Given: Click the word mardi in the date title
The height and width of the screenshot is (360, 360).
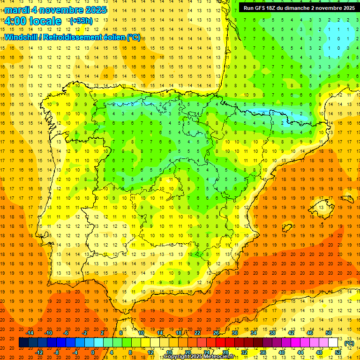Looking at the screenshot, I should click(x=16, y=10).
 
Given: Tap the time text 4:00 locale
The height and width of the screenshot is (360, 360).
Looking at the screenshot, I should click(x=33, y=21).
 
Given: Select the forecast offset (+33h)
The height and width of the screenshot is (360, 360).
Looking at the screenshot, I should click(x=81, y=21).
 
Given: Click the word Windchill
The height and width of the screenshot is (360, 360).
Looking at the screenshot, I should click(x=21, y=37).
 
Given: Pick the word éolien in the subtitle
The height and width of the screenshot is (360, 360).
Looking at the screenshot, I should click(x=115, y=37).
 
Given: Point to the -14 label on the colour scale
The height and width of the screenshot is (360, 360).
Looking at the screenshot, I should click(x=30, y=333).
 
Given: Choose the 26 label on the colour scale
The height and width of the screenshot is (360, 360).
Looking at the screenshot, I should click(x=216, y=333).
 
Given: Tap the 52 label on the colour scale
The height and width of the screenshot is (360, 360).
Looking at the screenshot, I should click(x=337, y=352).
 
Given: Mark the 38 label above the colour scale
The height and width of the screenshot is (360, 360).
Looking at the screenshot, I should click(x=272, y=333).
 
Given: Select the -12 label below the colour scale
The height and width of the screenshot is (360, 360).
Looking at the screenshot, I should click(x=39, y=352).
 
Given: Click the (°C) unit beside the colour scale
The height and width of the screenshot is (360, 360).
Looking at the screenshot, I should click(x=349, y=343).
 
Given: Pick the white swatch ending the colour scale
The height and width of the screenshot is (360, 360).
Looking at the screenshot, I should click(x=333, y=343).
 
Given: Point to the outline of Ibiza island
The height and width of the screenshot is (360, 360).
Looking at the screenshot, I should click(x=287, y=228).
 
